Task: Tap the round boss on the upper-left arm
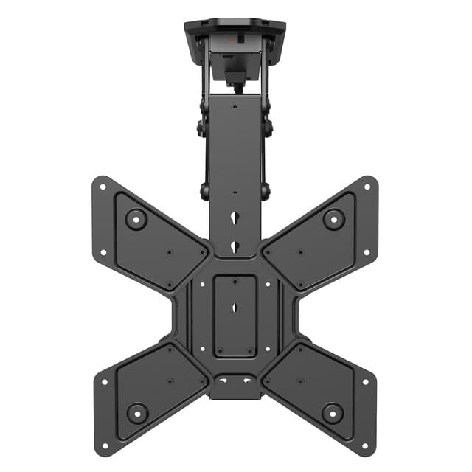pyautogui.click(x=136, y=218)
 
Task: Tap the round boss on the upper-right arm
pyautogui.click(x=333, y=218)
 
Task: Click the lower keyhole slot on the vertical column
pyautogui.click(x=235, y=246)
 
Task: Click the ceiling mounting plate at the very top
pyautogui.click(x=235, y=27)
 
